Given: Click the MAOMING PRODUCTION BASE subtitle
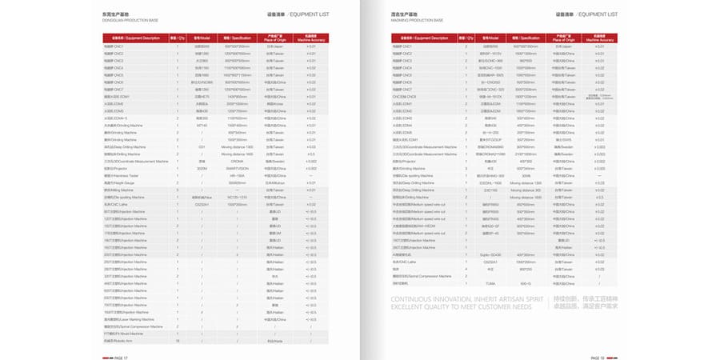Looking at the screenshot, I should (x=418, y=21).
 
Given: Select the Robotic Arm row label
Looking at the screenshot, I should (x=119, y=341).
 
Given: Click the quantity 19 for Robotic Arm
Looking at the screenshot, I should (x=178, y=341).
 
